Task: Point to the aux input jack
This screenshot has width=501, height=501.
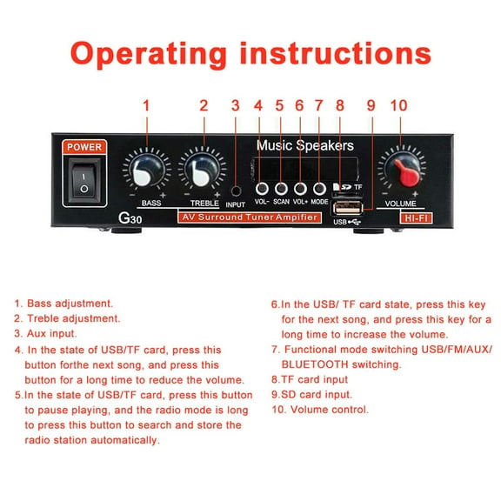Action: click(x=236, y=189)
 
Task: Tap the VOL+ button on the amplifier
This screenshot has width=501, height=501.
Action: click(x=301, y=187)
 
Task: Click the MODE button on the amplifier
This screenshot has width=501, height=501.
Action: click(x=319, y=187)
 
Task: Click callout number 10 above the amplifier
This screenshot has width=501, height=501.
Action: click(x=398, y=105)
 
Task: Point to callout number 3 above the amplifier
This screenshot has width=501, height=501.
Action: click(x=236, y=105)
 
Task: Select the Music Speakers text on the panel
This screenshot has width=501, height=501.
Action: click(x=304, y=145)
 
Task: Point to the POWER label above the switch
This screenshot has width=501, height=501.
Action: click(x=84, y=147)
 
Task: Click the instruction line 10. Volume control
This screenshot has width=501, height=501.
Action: click(x=318, y=409)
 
